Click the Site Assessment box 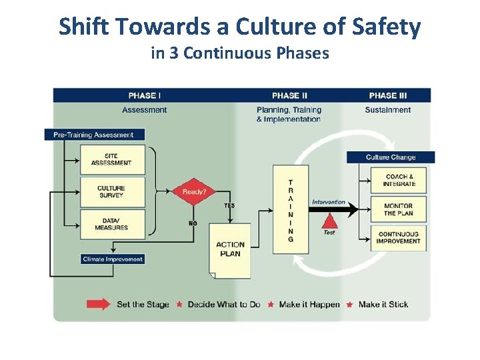pyautogui.click(x=111, y=159)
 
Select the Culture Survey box pyautogui.click(x=111, y=192)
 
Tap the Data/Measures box pyautogui.click(x=111, y=224)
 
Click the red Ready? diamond pyautogui.click(x=194, y=192)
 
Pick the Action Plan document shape pyautogui.click(x=230, y=250)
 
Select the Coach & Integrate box pyautogui.click(x=399, y=180)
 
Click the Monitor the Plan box pyautogui.click(x=399, y=209)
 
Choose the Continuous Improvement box pyautogui.click(x=399, y=238)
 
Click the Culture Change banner pyautogui.click(x=391, y=157)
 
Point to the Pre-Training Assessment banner pyautogui.click(x=94, y=135)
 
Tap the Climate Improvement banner pyautogui.click(x=113, y=259)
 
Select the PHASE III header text pyautogui.click(x=387, y=95)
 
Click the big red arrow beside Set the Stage pyautogui.click(x=99, y=305)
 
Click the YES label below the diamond pyautogui.click(x=229, y=205)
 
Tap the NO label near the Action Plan pyautogui.click(x=193, y=223)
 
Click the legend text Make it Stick pyautogui.click(x=383, y=305)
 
